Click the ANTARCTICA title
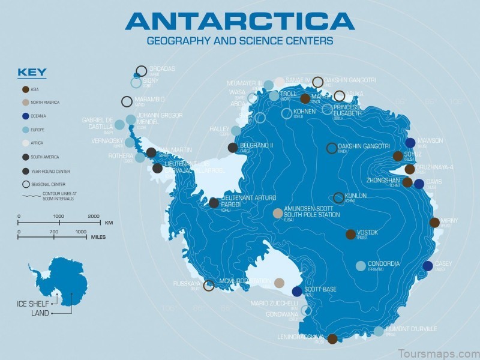(239, 21)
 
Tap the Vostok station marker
(350, 234)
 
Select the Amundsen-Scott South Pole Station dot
(278, 213)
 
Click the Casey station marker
(427, 266)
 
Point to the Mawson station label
(430, 140)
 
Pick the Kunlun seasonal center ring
(339, 197)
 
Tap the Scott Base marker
(297, 292)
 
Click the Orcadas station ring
(142, 71)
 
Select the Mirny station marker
(434, 223)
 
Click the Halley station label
(219, 129)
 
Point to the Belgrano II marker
(233, 148)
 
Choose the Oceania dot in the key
(25, 116)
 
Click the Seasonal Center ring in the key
(25, 184)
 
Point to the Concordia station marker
(361, 266)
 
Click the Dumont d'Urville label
(412, 329)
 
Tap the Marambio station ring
(127, 101)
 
